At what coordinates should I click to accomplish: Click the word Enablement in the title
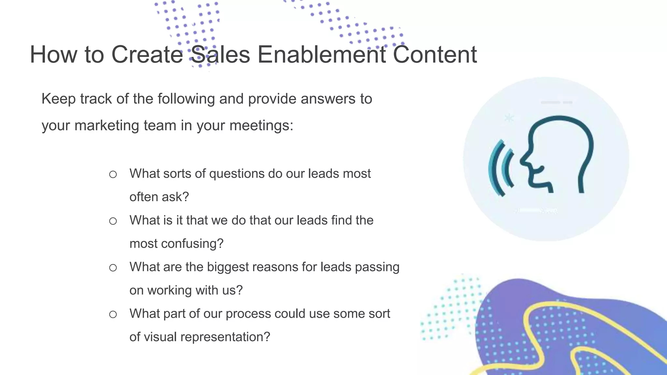click(x=322, y=54)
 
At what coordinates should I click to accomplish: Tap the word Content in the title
click(x=435, y=54)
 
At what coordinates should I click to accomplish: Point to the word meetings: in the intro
click(x=261, y=125)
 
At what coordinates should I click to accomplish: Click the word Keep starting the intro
click(x=59, y=99)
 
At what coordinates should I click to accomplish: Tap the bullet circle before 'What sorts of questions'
click(x=113, y=174)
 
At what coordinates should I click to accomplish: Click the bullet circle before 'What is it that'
click(x=113, y=221)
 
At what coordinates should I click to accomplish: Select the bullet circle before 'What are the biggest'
click(x=113, y=268)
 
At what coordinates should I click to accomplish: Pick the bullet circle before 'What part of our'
click(x=113, y=314)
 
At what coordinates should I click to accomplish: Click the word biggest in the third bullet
click(x=228, y=267)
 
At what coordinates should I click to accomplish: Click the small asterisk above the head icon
click(x=509, y=118)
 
